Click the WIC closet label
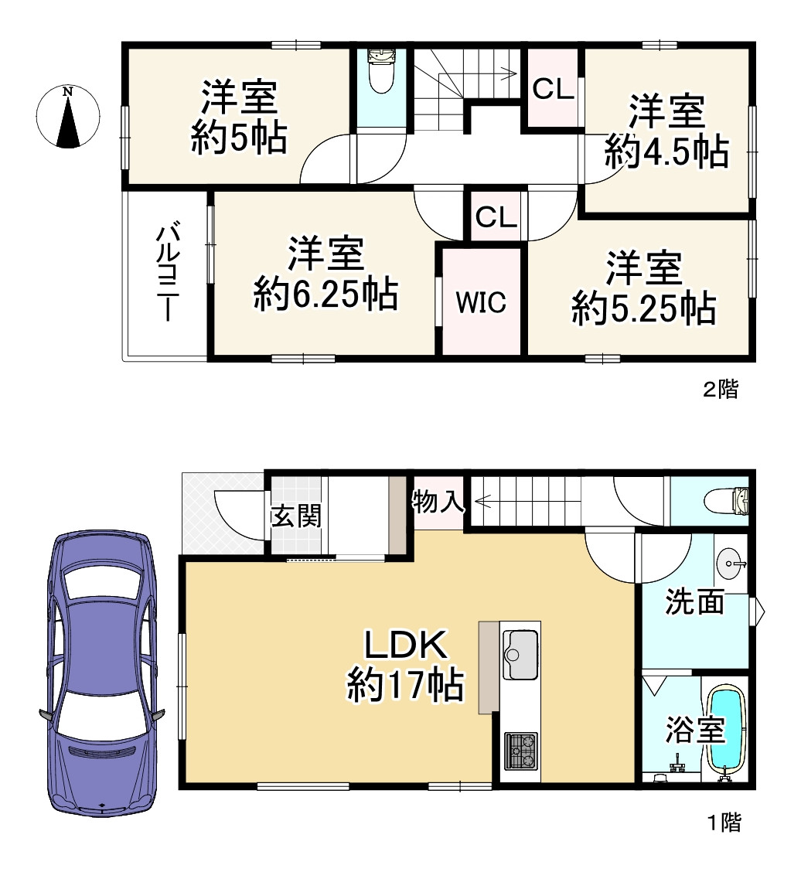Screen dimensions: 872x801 pos(481,302)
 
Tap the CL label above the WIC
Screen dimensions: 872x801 pos(495,218)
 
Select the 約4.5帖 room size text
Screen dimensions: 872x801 pos(666,152)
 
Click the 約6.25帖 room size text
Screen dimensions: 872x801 pos(326,295)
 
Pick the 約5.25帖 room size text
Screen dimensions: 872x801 pos(643,309)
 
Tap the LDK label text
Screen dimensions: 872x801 pos(405,646)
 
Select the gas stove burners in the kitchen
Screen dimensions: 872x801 pos(520,750)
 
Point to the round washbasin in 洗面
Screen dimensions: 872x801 pos(729,563)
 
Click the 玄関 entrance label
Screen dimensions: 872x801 pos(295,516)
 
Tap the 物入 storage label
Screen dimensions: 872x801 pos(438,503)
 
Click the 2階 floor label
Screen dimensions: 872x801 pos(720,390)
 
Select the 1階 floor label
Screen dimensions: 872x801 pos(724,823)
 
